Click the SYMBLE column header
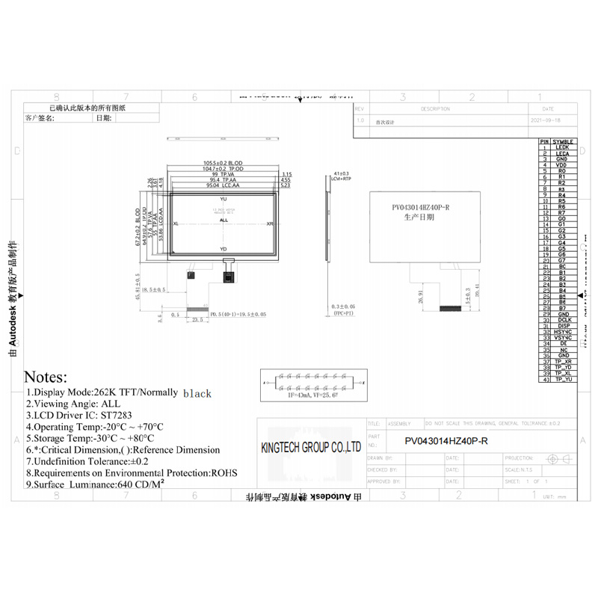(x=564, y=141)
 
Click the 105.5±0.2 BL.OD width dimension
(x=224, y=163)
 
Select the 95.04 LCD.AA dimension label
(x=224, y=185)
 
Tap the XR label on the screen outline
(x=270, y=224)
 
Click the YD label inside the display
(x=223, y=249)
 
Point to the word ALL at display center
(x=224, y=221)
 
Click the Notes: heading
(x=46, y=377)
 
